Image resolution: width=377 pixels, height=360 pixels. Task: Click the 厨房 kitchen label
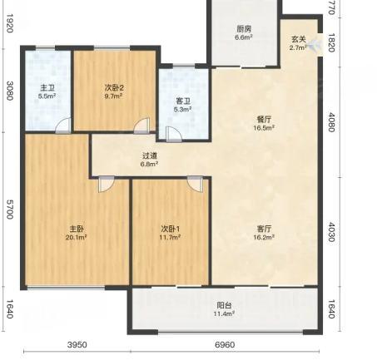(x=244, y=28)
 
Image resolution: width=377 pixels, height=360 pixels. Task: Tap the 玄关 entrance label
(x=299, y=39)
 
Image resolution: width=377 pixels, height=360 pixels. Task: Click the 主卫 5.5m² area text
(x=47, y=96)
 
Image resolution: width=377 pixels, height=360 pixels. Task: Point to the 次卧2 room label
(x=114, y=88)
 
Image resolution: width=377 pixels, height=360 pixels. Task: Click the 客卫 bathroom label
(x=183, y=101)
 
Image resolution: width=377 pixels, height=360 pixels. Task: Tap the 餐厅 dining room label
(x=264, y=120)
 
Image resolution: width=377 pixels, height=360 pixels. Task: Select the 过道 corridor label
(x=150, y=155)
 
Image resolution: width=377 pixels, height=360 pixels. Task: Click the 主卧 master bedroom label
(x=77, y=229)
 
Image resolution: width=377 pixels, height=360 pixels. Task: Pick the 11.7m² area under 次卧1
(x=170, y=237)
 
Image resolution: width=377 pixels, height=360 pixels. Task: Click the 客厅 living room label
(x=264, y=229)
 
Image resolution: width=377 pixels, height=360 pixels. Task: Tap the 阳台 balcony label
(x=224, y=305)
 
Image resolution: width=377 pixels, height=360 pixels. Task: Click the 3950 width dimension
(x=77, y=345)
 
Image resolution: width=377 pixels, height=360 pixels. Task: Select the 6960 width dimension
(x=225, y=345)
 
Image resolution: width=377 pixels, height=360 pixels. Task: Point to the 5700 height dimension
(x=10, y=210)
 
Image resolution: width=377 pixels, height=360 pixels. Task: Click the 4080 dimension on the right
(x=332, y=122)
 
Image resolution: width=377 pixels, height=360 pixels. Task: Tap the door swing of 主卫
(x=63, y=126)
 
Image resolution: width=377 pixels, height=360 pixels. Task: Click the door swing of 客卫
(x=174, y=135)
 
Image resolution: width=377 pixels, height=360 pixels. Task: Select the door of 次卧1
(x=195, y=184)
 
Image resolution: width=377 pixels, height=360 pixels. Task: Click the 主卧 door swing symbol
(x=107, y=184)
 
